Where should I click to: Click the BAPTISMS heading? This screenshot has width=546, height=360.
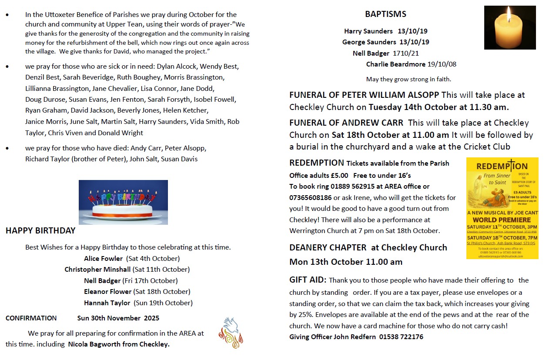coord(385,14)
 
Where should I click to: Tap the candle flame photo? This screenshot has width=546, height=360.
coord(509,27)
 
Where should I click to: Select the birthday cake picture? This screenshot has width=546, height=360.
coord(123,202)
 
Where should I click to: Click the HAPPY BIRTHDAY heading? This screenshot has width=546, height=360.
coord(40,231)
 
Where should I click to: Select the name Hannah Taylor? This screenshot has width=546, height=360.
coord(107,303)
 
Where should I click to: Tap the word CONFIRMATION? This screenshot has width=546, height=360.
coord(31,318)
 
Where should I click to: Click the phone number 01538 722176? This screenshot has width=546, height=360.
coord(401,337)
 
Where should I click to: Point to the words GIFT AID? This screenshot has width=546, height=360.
coord(308,280)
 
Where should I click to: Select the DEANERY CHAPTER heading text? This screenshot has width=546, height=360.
coord(328,248)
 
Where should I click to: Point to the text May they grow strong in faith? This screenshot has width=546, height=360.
coord(409,79)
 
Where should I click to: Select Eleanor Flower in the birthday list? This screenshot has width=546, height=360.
coord(107,292)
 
